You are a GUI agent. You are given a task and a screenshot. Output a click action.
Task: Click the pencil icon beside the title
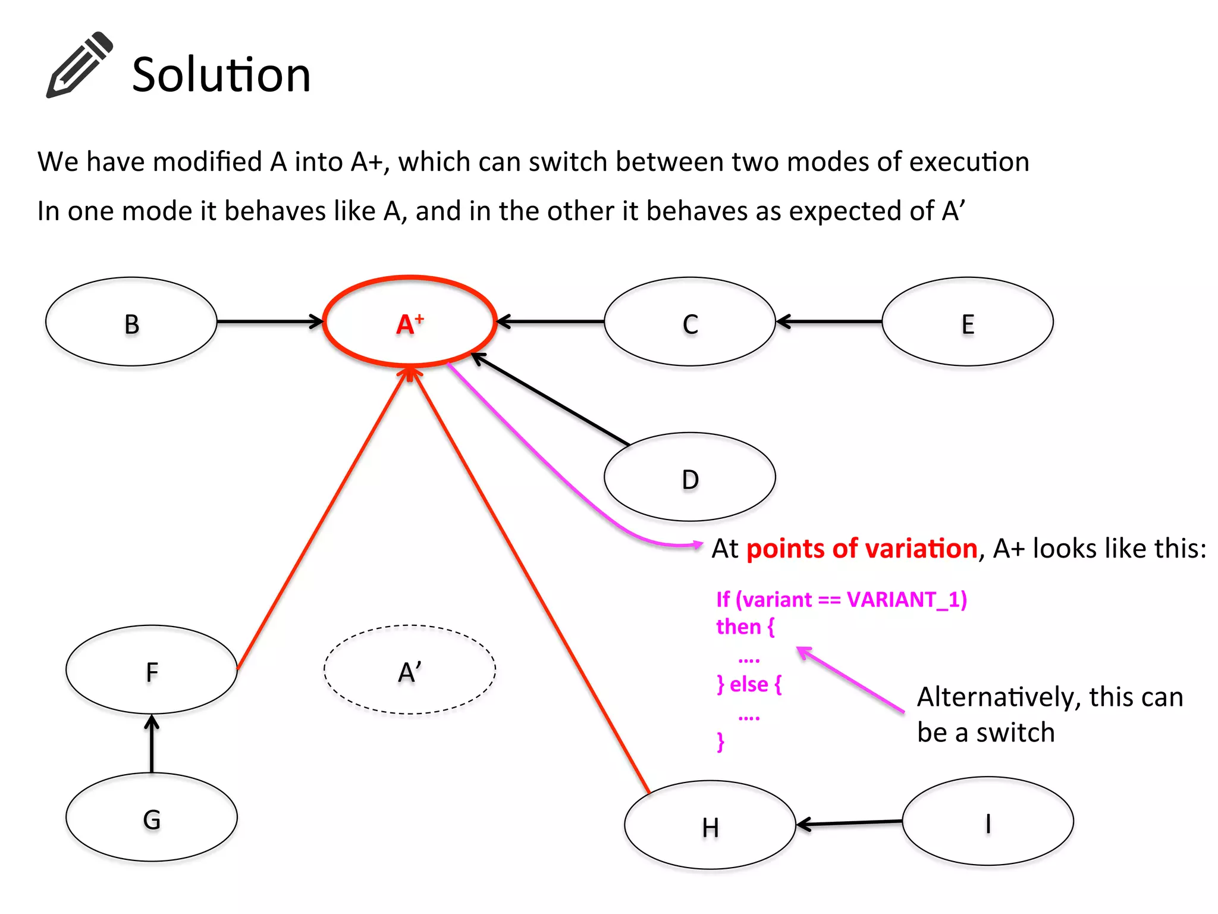coord(80,65)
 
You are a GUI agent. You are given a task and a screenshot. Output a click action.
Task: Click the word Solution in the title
coord(221,75)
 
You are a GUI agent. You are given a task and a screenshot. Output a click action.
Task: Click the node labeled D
coord(690,477)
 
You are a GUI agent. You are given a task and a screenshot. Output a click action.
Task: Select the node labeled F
coord(152,670)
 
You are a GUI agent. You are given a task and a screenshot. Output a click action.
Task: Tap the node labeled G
coord(152,818)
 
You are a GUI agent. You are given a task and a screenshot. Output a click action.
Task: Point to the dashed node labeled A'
coord(410,670)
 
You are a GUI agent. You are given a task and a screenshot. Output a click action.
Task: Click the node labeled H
coord(710,825)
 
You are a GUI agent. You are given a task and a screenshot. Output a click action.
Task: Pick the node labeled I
coord(988,822)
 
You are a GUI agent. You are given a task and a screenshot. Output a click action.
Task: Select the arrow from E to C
coord(829,322)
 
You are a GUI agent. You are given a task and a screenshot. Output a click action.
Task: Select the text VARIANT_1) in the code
coord(907,599)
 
